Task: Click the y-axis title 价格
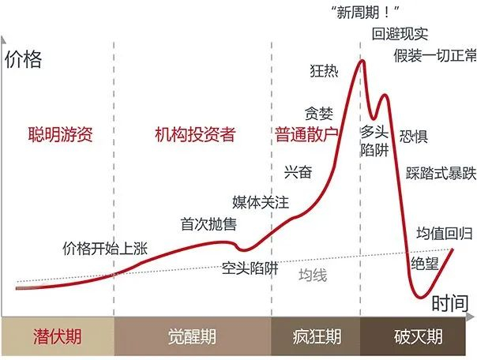click(x=24, y=59)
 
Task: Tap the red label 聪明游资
click(x=60, y=135)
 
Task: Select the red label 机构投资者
click(x=195, y=135)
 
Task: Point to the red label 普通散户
click(x=306, y=134)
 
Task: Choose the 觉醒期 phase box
click(x=193, y=337)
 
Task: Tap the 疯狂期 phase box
click(x=316, y=337)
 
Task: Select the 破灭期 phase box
click(x=419, y=337)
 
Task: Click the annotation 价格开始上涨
click(x=106, y=248)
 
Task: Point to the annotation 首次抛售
click(x=208, y=224)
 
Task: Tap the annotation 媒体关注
click(x=261, y=202)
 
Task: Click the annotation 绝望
click(x=425, y=263)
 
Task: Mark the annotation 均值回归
click(x=445, y=233)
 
